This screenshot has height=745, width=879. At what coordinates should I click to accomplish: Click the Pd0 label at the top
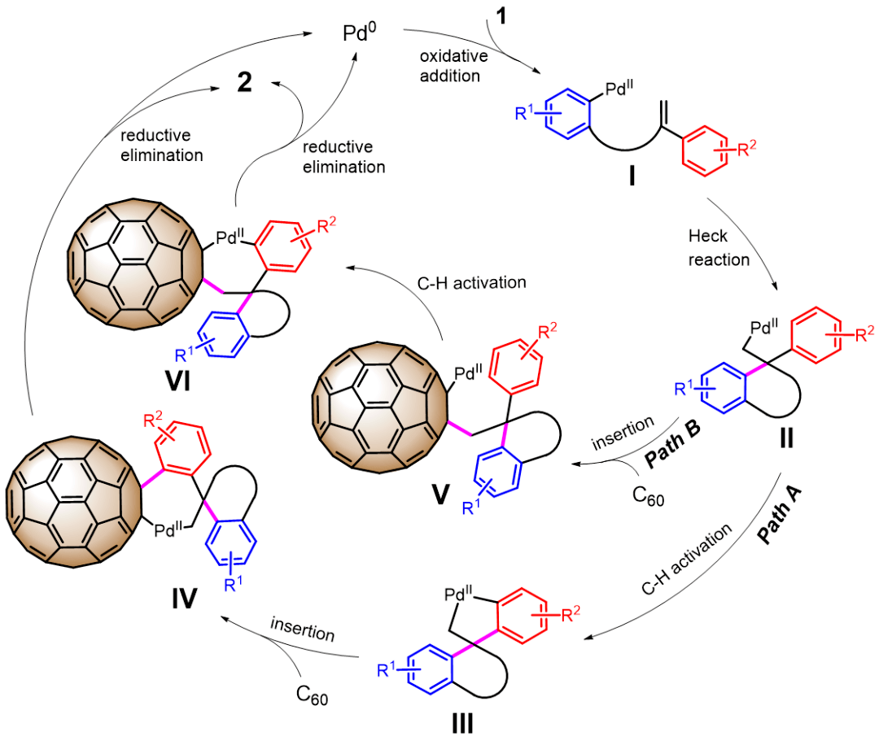[360, 33]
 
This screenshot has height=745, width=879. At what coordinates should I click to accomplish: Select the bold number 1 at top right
[501, 15]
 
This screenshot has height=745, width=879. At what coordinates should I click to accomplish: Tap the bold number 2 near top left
[244, 82]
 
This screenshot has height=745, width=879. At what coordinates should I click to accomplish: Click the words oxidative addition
[453, 66]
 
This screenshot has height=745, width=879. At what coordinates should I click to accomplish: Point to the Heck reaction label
[719, 247]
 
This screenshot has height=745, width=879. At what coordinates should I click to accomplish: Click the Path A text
[779, 515]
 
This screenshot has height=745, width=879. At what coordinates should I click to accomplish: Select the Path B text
[672, 443]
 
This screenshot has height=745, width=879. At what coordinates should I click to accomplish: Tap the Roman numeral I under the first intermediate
[632, 176]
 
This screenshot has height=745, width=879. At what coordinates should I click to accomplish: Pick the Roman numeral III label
[462, 724]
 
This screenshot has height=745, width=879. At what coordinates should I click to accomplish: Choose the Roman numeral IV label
[185, 599]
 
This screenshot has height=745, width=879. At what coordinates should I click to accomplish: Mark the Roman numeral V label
[440, 494]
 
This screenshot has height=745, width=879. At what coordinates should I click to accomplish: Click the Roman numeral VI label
[177, 381]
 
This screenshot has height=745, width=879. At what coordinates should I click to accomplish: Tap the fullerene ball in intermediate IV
[73, 502]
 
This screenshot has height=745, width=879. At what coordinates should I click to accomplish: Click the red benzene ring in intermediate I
[705, 150]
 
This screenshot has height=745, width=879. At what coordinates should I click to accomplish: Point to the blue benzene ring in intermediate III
[430, 669]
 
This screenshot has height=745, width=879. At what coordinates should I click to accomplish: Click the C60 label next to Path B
[648, 496]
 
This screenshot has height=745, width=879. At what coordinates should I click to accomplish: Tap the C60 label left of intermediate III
[313, 695]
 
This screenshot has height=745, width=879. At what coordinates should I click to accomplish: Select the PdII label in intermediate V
[468, 372]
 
